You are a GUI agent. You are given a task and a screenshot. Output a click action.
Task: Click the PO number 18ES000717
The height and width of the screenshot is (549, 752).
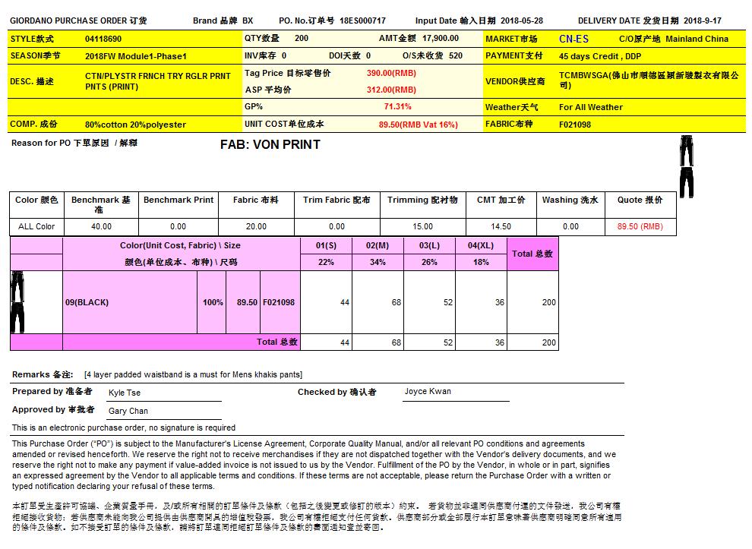pyautogui.click(x=362, y=21)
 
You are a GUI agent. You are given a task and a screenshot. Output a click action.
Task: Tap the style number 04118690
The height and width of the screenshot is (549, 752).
pyautogui.click(x=103, y=39)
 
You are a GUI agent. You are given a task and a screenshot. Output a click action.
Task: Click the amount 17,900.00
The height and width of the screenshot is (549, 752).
pyautogui.click(x=440, y=38)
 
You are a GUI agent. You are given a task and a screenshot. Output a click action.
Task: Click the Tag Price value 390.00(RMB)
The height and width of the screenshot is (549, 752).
pyautogui.click(x=391, y=73)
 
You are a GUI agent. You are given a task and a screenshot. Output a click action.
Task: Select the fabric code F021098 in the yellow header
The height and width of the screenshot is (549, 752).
pyautogui.click(x=575, y=125)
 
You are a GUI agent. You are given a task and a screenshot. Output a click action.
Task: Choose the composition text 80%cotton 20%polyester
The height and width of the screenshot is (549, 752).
pyautogui.click(x=135, y=125)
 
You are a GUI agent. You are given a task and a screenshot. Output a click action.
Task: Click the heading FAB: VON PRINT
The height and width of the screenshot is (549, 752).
pyautogui.click(x=270, y=144)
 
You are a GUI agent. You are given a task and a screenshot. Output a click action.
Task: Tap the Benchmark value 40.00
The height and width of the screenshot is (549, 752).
pyautogui.click(x=101, y=226)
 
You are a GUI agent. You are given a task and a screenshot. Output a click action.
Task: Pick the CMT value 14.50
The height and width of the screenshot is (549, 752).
pyautogui.click(x=501, y=226)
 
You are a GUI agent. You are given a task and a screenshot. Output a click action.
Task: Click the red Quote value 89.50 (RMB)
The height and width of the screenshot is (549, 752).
pyautogui.click(x=640, y=226)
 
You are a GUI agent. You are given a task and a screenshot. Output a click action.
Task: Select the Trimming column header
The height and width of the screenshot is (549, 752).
pyautogui.click(x=422, y=200)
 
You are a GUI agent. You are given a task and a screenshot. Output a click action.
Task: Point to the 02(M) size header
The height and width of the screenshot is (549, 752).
pyautogui.click(x=378, y=246)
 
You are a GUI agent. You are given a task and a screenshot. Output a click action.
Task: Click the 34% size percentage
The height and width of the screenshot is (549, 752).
pyautogui.click(x=378, y=262)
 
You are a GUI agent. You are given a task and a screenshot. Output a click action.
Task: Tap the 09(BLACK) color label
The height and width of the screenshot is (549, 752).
pyautogui.click(x=87, y=302)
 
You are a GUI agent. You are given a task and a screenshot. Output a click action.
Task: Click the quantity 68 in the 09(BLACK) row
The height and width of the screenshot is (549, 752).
pyautogui.click(x=397, y=302)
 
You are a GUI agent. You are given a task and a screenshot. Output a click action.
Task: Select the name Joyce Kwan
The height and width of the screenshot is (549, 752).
pyautogui.click(x=428, y=392)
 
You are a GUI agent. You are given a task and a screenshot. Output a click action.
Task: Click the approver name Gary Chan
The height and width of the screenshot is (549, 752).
pyautogui.click(x=128, y=411)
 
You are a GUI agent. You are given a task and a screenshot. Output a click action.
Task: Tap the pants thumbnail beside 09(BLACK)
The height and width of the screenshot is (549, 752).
pyautogui.click(x=17, y=302)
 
